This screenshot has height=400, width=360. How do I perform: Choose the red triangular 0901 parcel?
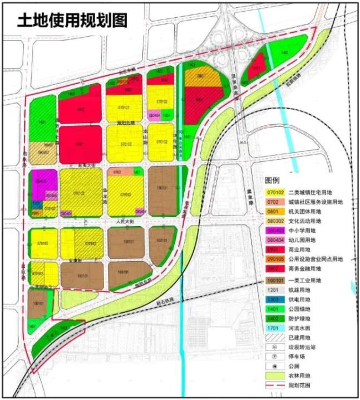(x=256, y=69)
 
